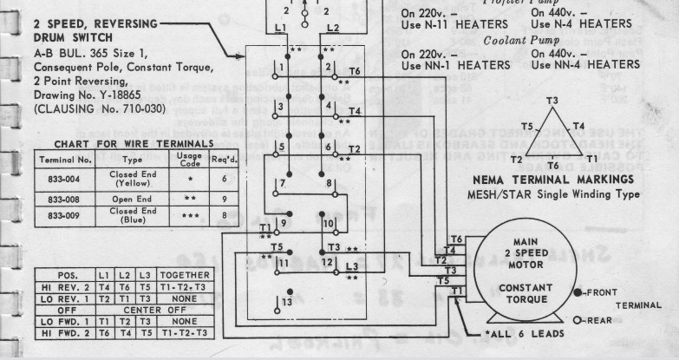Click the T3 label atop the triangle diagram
(x=552, y=101)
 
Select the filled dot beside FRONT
(x=578, y=292)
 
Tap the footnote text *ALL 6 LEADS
(x=512, y=334)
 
